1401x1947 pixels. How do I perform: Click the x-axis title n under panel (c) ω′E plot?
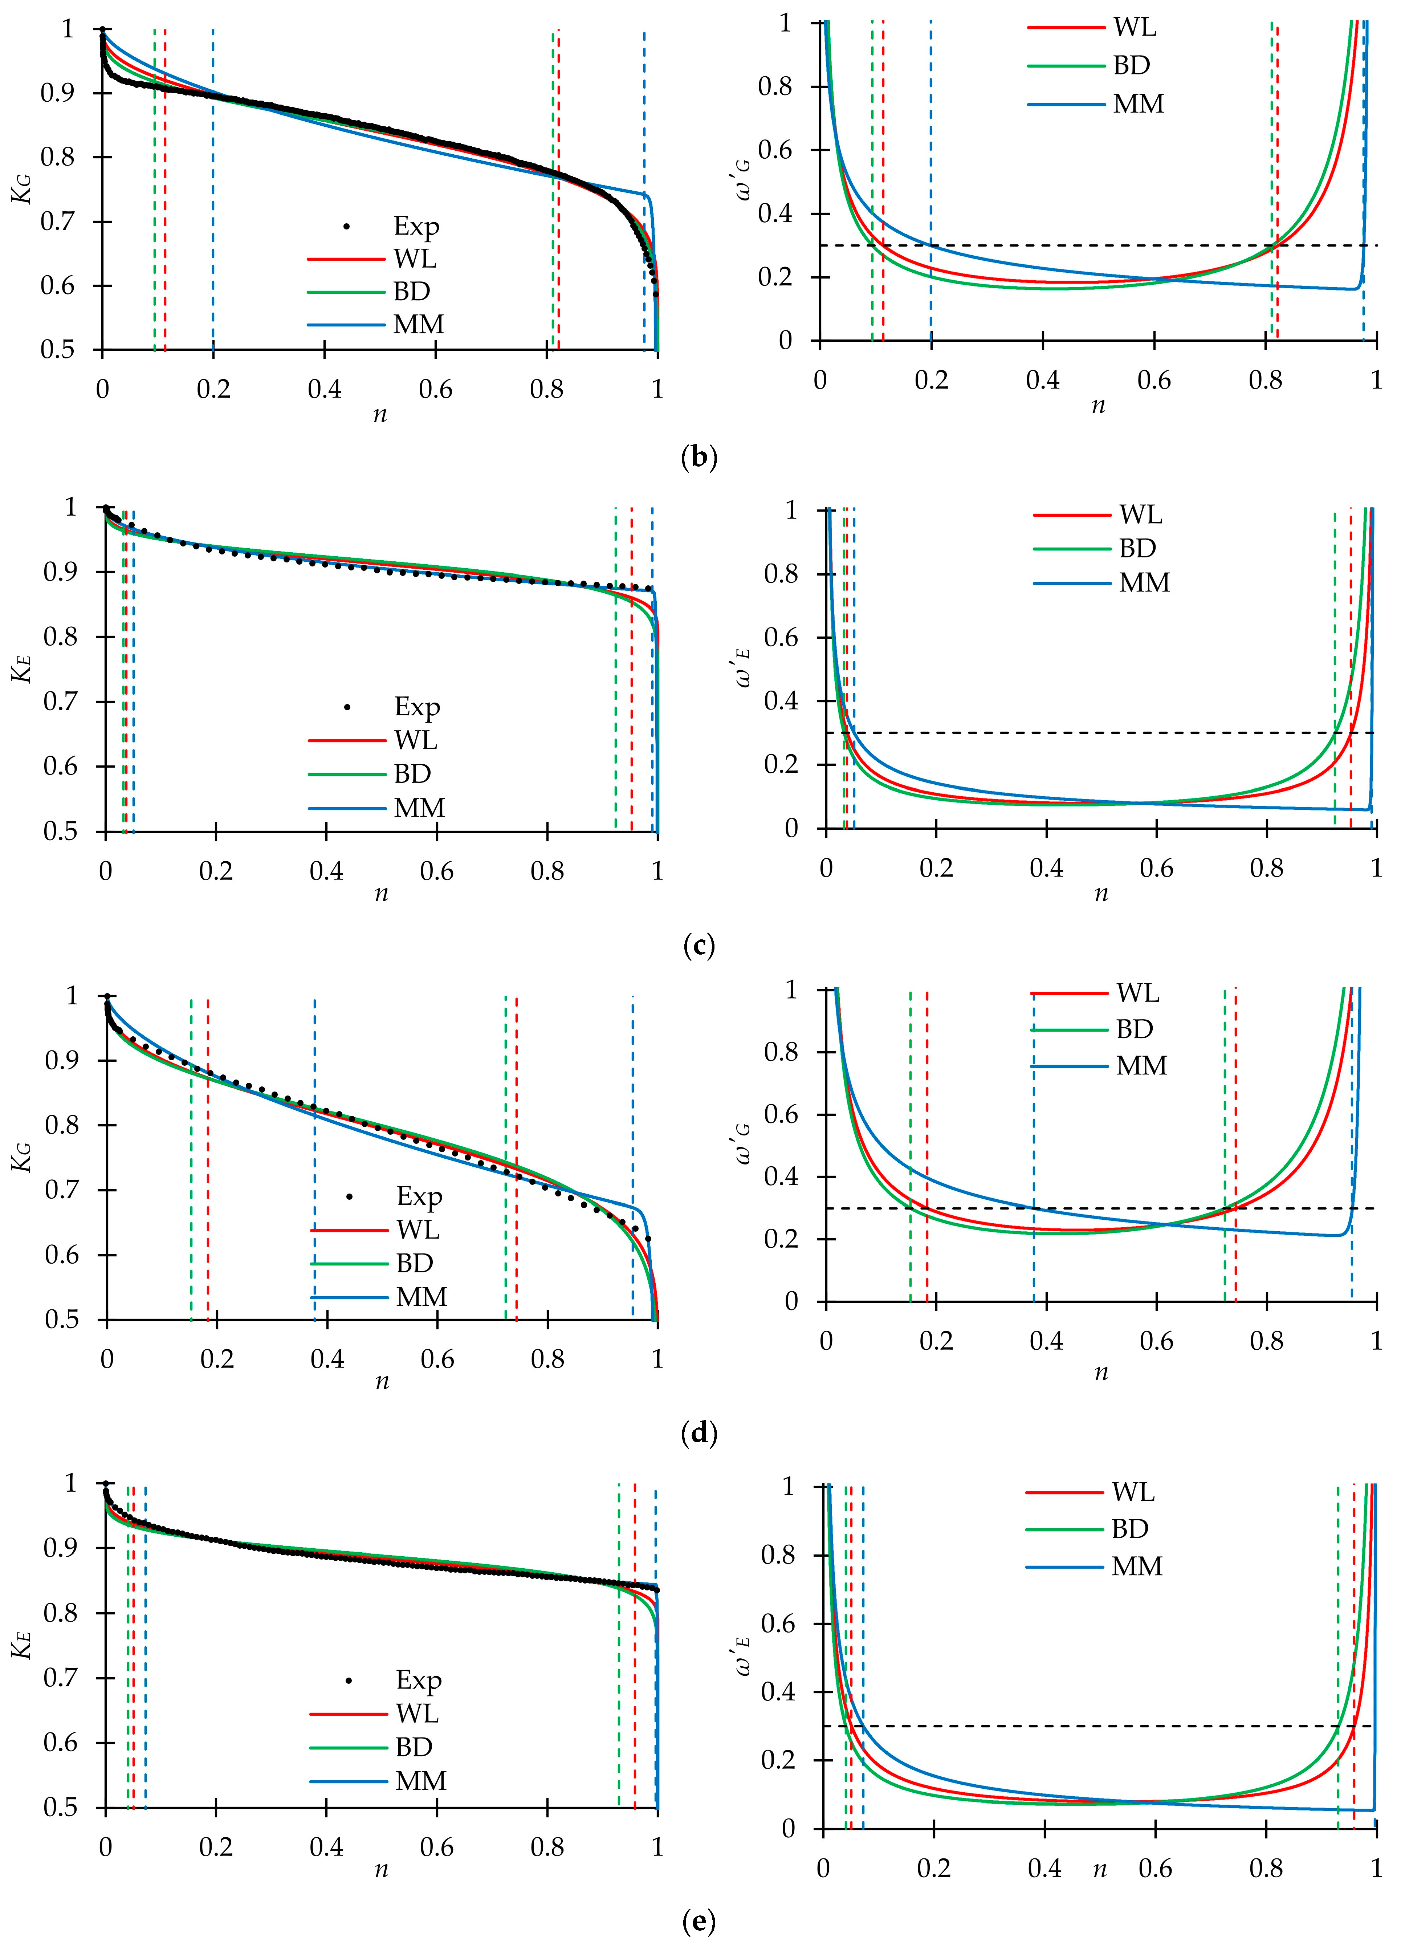[1100, 894]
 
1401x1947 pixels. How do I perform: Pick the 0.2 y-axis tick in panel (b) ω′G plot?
[775, 277]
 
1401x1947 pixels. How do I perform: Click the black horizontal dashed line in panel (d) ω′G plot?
[1116, 1208]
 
